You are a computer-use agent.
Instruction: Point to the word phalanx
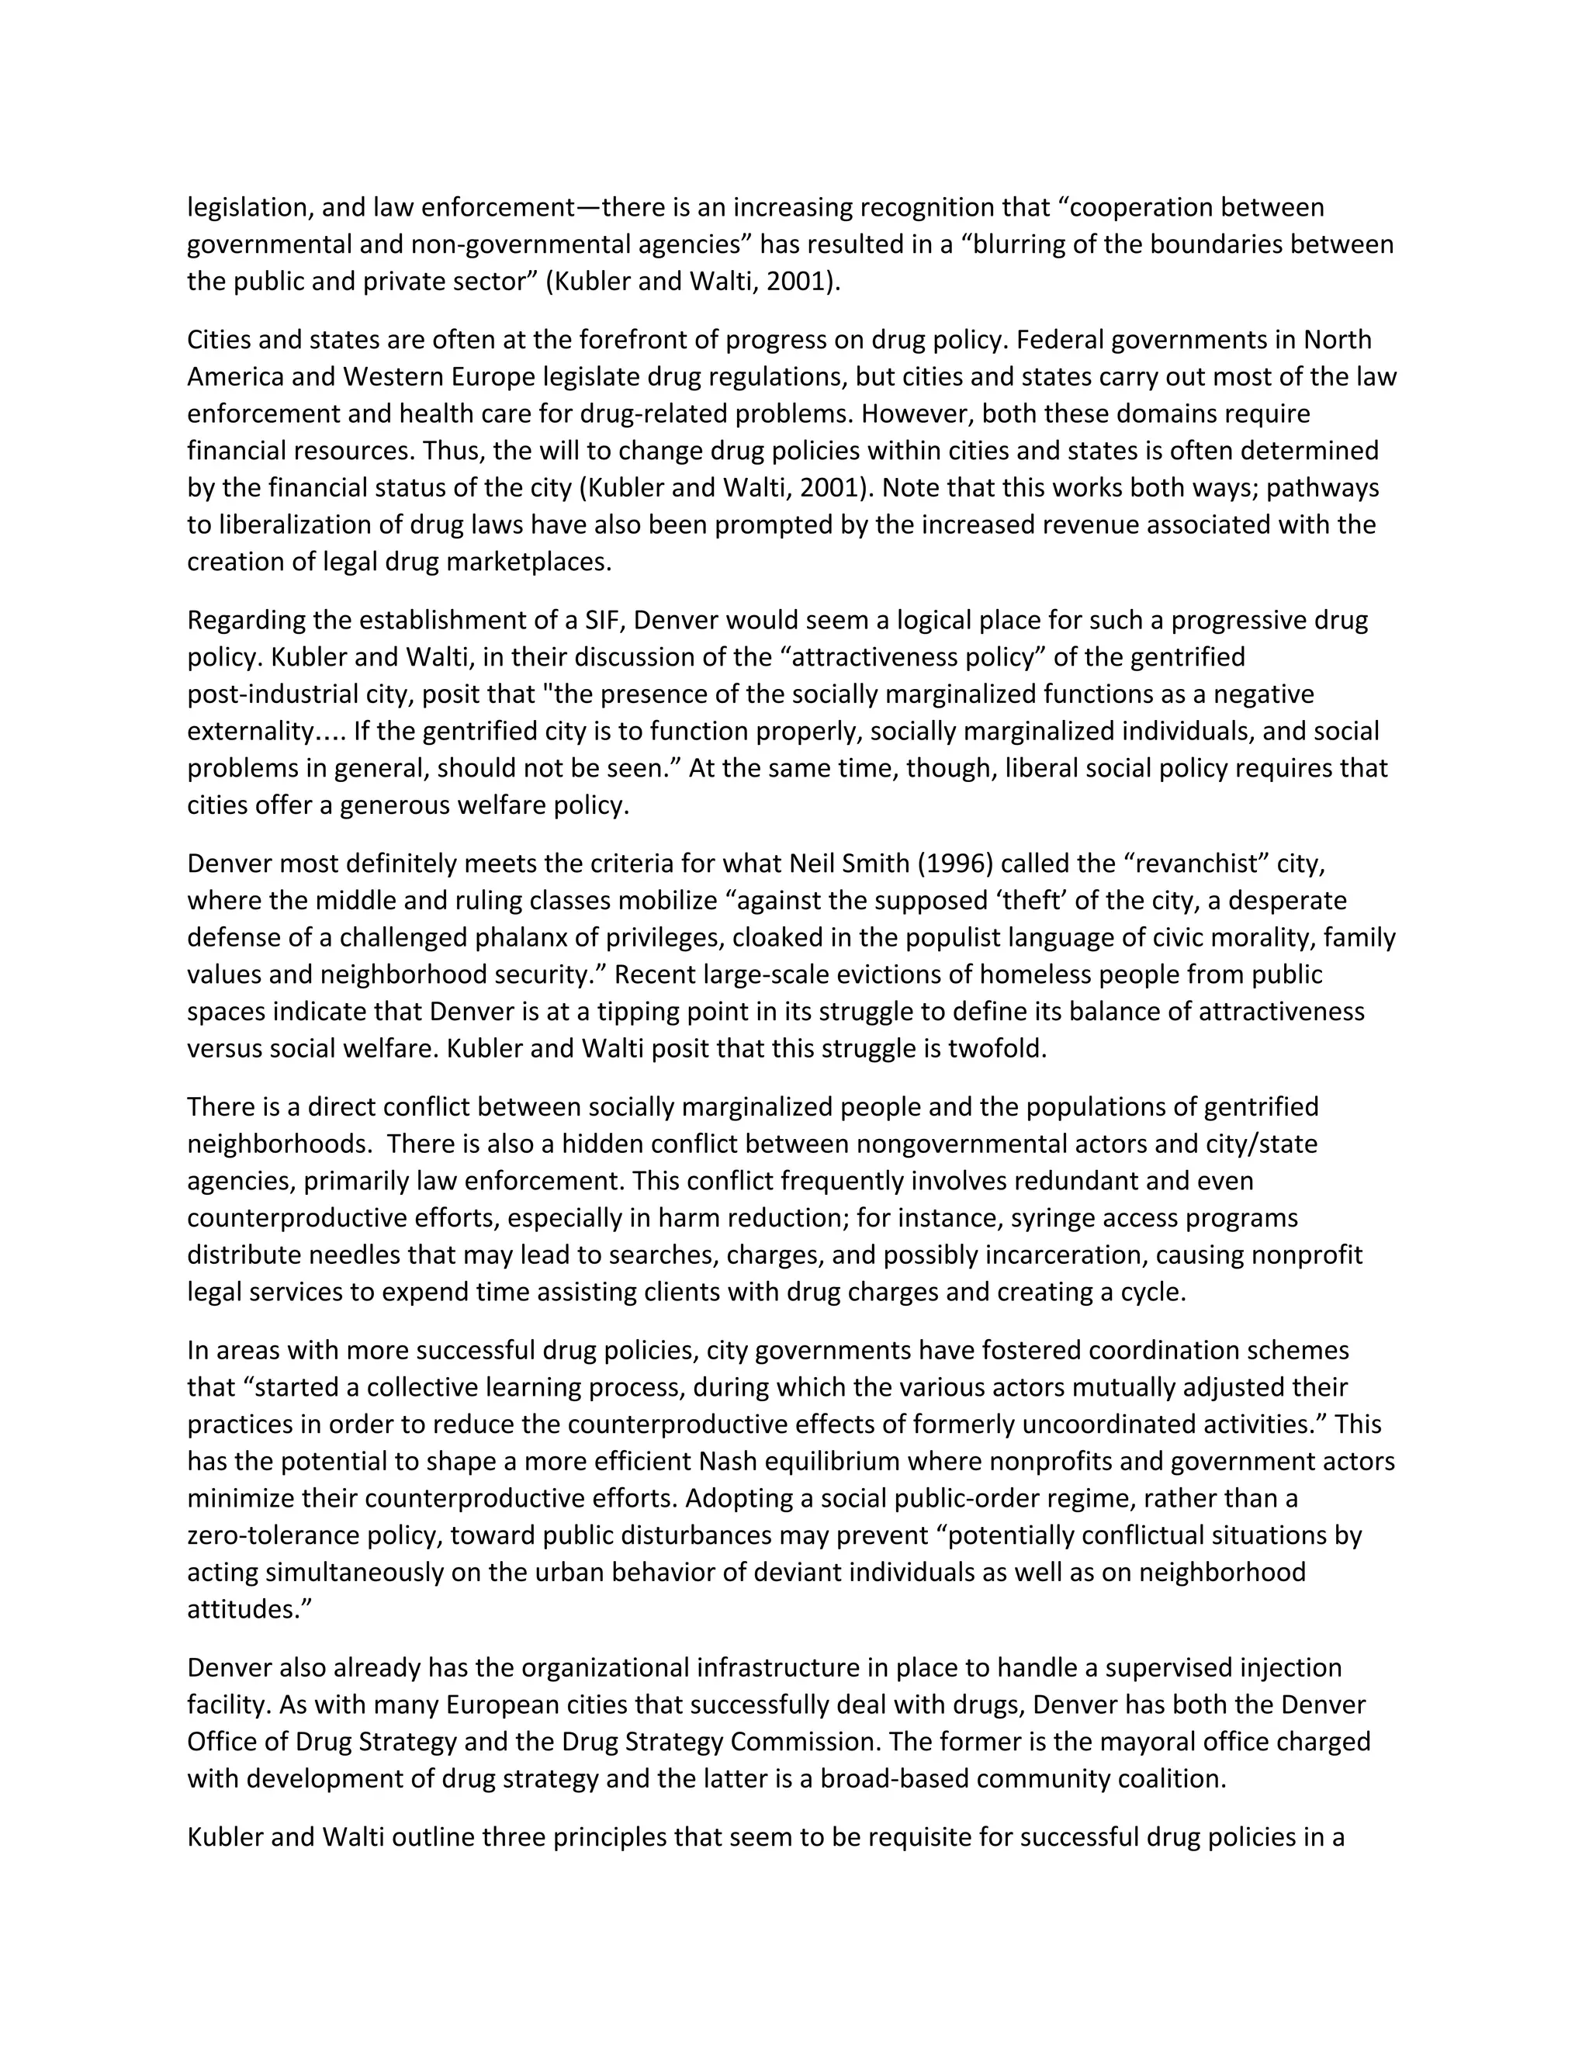[558, 938]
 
